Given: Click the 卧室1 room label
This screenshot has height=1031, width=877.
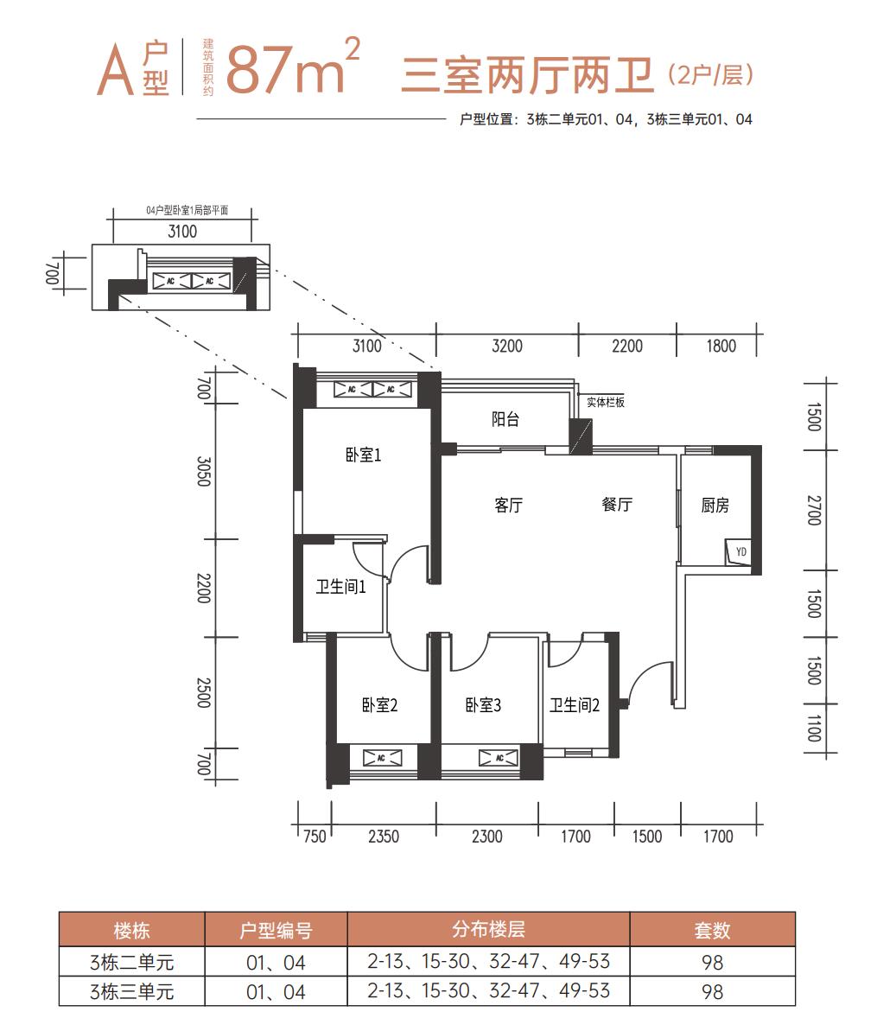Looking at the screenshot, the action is [x=364, y=455].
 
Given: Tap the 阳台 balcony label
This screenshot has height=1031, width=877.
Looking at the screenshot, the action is [x=505, y=419].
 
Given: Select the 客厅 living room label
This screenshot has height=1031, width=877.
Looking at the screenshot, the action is [x=508, y=505].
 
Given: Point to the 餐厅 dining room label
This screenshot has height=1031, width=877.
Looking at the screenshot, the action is [x=617, y=505].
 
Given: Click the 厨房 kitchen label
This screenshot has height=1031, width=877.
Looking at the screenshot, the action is [x=715, y=505].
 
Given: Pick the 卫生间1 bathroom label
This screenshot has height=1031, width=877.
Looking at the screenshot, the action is [x=340, y=587].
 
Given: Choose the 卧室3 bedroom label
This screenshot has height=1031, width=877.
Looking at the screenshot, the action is [x=483, y=705].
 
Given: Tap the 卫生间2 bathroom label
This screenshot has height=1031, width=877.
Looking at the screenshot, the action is [x=575, y=705].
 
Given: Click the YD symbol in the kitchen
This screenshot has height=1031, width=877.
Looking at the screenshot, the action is [x=740, y=551].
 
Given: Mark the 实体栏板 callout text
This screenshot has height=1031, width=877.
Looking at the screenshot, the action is [x=606, y=402].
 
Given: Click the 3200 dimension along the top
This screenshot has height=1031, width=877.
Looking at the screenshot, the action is [x=507, y=346].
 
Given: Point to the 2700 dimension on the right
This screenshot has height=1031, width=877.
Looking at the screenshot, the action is [x=814, y=510].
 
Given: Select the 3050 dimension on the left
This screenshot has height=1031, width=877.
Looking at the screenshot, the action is [x=204, y=472].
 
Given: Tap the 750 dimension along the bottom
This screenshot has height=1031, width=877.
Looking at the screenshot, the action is [x=315, y=837].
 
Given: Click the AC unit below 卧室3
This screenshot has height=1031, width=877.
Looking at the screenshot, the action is [x=498, y=758].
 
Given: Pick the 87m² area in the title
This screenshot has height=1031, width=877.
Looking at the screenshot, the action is [x=293, y=67].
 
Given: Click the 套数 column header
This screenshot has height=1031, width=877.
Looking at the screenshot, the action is [x=713, y=931].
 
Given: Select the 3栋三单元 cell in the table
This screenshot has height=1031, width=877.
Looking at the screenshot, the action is [x=131, y=991].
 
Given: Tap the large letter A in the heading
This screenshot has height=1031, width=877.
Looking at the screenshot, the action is [x=115, y=71].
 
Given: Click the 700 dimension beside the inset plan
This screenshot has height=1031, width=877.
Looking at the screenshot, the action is [x=53, y=273].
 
